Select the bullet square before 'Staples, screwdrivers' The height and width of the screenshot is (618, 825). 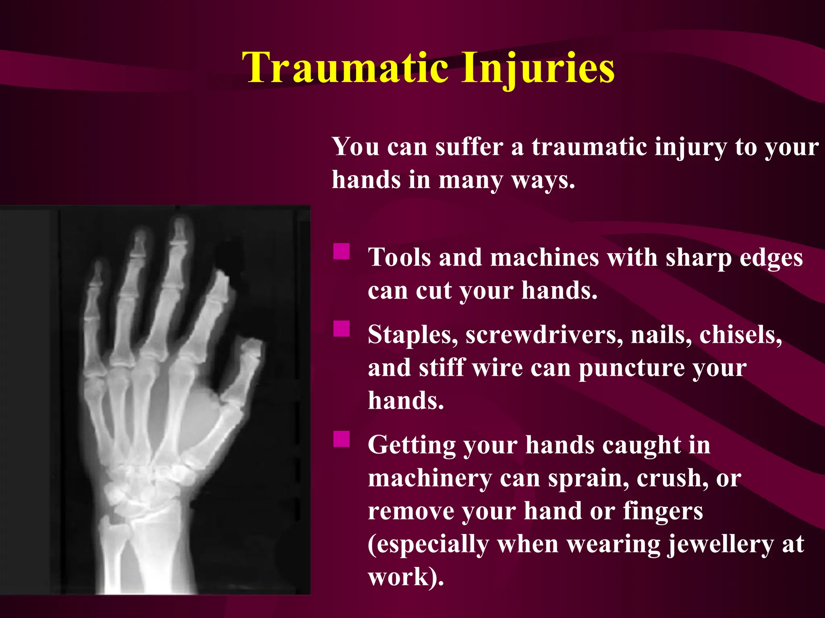341,328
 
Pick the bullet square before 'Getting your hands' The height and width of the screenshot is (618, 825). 341,439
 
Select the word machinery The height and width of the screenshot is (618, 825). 429,479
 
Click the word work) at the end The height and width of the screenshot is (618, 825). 405,577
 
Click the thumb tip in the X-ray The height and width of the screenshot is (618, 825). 253,344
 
